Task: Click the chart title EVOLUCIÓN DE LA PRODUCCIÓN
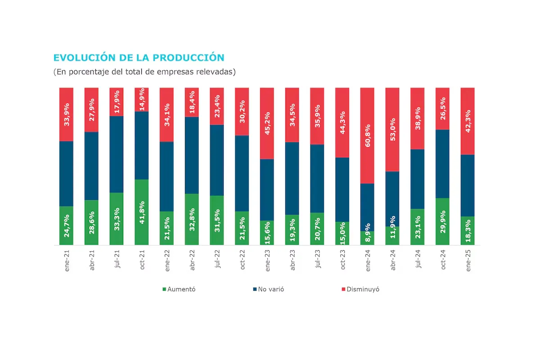[139, 58]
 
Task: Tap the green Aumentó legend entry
[179, 289]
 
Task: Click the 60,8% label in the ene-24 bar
[369, 136]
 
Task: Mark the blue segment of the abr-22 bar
[192, 155]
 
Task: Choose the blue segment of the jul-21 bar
[117, 154]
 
